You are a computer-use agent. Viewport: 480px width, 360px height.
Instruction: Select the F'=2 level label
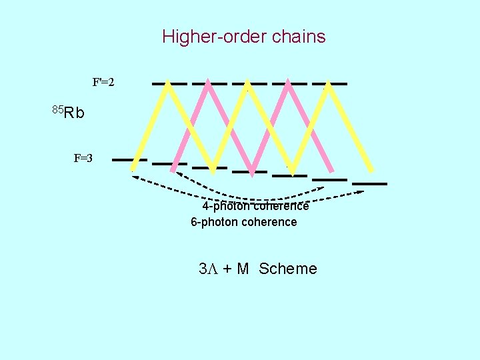(103, 83)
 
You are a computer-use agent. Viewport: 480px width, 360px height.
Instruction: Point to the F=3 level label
(83, 159)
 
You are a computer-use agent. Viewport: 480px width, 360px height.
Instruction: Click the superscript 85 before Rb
(57, 109)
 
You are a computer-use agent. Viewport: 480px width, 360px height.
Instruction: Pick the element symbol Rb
(75, 113)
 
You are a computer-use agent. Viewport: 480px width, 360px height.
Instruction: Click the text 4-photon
(225, 207)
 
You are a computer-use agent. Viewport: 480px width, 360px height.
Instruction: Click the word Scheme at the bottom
(288, 269)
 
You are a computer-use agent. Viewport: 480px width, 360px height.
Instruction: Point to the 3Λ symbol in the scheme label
(208, 269)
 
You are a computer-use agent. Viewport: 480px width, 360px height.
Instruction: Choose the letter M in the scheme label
(243, 269)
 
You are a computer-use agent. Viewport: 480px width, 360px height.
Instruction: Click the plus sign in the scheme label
(227, 269)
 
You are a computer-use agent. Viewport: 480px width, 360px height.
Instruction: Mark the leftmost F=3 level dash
(129, 160)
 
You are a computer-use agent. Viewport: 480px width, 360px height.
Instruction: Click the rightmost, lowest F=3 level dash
(370, 183)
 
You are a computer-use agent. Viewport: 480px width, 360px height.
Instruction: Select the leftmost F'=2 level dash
(169, 84)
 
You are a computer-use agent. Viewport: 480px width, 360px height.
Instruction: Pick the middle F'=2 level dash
(249, 84)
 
